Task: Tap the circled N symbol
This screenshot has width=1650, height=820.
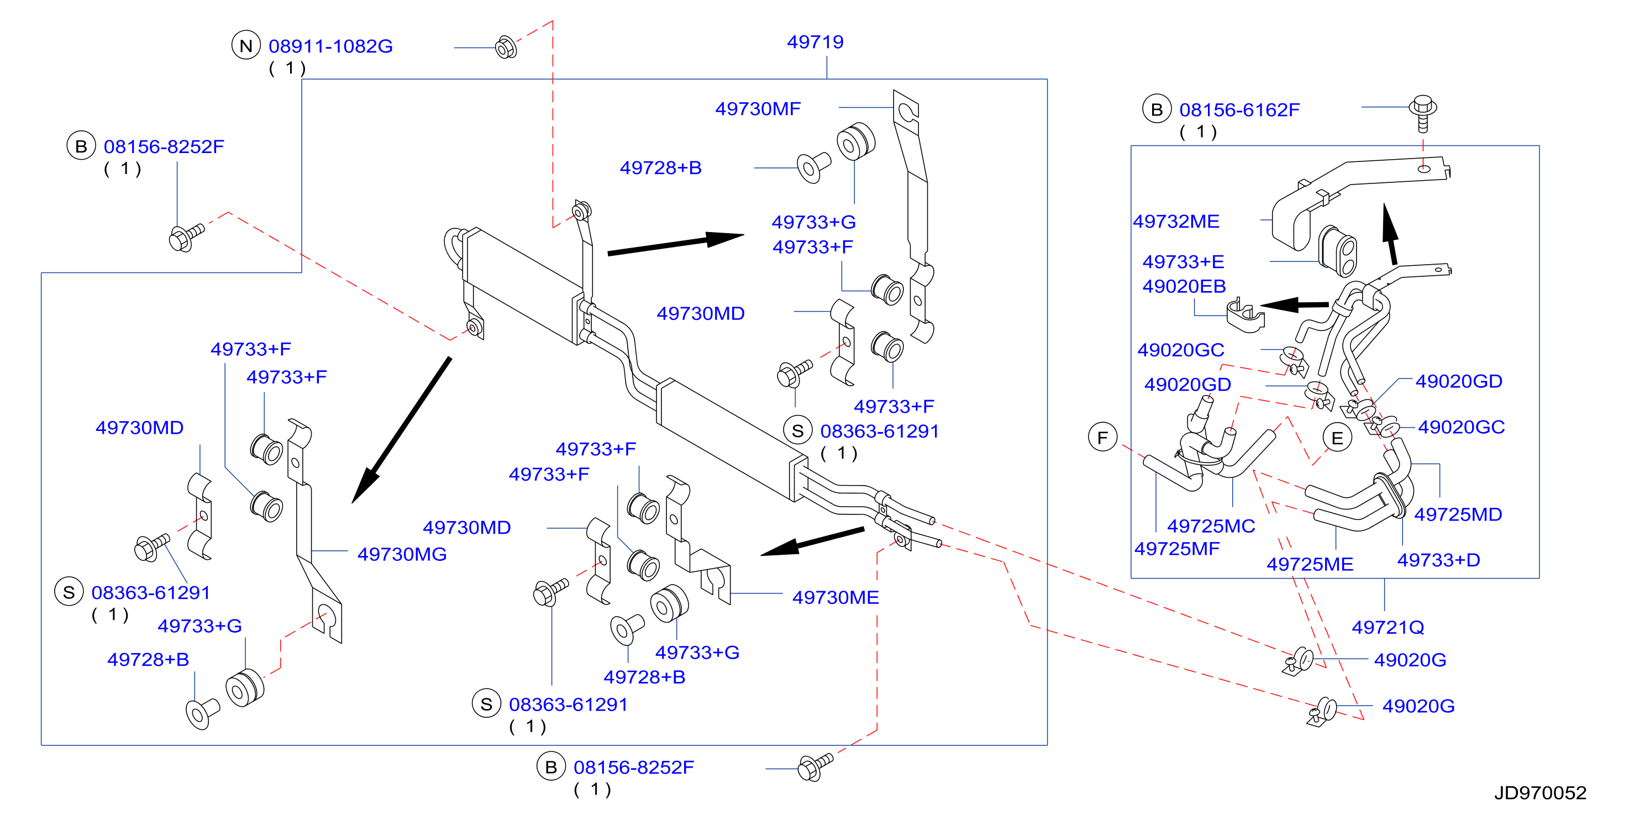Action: pyautogui.click(x=246, y=45)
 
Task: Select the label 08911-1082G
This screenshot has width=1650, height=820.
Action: pyautogui.click(x=330, y=46)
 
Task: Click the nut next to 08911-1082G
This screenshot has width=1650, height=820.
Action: pyautogui.click(x=506, y=47)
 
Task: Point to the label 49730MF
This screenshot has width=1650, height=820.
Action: pyautogui.click(x=758, y=109)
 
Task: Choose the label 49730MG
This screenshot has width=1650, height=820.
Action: pyautogui.click(x=402, y=554)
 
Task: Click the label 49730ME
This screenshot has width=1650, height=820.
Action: pyautogui.click(x=835, y=597)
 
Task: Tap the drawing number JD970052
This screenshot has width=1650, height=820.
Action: pyautogui.click(x=1541, y=793)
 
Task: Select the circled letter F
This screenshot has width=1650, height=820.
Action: pyautogui.click(x=1102, y=438)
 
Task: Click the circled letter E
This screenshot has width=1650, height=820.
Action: pyautogui.click(x=1337, y=438)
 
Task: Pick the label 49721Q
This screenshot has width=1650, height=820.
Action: pyautogui.click(x=1388, y=627)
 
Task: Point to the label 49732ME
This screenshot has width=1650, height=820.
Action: pyautogui.click(x=1176, y=222)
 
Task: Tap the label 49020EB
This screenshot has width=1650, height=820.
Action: pyautogui.click(x=1184, y=286)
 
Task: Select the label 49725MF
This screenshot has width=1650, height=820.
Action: pyautogui.click(x=1176, y=549)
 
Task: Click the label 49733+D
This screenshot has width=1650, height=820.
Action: pyautogui.click(x=1438, y=560)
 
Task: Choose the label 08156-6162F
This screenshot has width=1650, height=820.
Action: pyautogui.click(x=1239, y=110)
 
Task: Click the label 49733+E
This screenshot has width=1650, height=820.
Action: pyautogui.click(x=1183, y=262)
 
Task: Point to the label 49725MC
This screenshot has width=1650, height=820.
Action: pyautogui.click(x=1211, y=526)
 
